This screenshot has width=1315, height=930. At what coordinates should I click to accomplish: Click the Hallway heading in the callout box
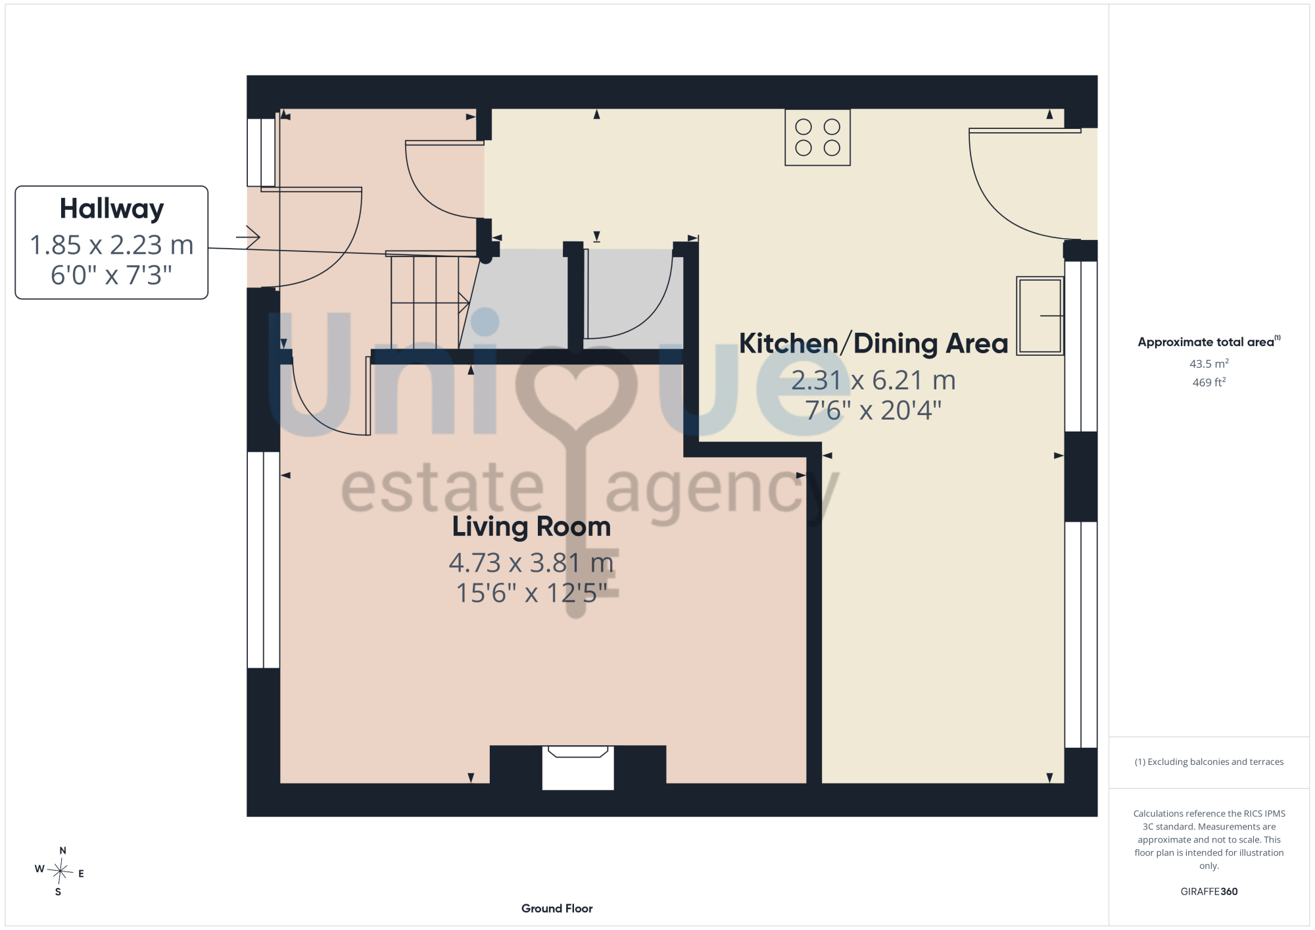(x=112, y=209)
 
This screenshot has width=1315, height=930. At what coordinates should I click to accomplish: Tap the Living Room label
(x=531, y=527)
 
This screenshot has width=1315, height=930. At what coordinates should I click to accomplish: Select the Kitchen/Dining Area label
(x=873, y=343)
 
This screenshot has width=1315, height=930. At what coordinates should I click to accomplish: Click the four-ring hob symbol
(x=817, y=137)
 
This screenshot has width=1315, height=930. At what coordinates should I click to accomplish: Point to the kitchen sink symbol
(x=1040, y=316)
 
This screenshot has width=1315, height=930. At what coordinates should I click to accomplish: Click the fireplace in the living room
(x=578, y=768)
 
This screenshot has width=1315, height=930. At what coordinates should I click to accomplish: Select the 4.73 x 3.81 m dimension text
(x=531, y=563)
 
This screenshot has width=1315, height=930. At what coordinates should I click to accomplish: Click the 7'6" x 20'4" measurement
(x=873, y=410)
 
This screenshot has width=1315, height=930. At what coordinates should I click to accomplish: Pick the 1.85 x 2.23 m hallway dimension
(x=112, y=245)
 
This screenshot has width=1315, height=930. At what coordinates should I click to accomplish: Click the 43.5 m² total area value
(x=1209, y=364)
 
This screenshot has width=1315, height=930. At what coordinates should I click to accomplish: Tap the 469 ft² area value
(x=1209, y=382)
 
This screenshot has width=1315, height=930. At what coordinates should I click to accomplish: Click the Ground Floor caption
(x=557, y=908)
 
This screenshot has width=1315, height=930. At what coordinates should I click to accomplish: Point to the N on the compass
(x=63, y=850)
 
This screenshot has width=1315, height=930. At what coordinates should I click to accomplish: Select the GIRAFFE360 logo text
(x=1209, y=892)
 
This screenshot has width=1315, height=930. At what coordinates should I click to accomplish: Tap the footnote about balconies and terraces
(x=1209, y=762)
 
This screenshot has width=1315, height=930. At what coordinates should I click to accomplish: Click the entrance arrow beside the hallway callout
(x=248, y=237)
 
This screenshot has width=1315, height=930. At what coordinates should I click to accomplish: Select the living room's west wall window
(x=264, y=560)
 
